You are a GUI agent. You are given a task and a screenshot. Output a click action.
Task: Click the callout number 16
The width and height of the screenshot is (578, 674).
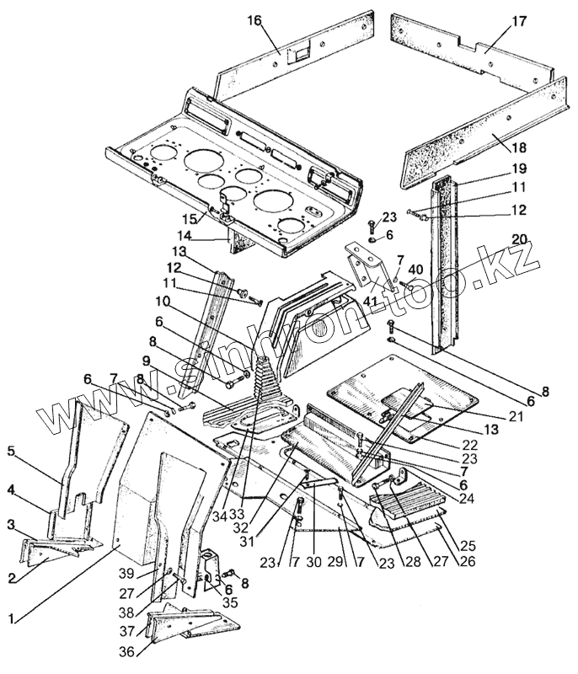(254, 20)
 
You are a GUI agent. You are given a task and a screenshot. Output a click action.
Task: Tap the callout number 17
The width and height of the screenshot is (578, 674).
(519, 20)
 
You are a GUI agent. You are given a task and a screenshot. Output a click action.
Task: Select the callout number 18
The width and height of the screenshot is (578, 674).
(519, 147)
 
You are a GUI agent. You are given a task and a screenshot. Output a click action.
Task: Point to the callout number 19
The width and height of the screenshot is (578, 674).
(519, 168)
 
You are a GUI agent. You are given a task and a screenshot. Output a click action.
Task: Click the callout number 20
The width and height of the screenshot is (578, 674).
(519, 239)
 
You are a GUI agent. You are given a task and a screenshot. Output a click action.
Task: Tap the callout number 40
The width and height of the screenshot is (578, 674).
(415, 270)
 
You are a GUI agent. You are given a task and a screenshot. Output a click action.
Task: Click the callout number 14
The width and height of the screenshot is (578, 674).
(185, 236)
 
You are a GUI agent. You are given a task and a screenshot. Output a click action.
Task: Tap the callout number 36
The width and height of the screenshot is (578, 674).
(127, 651)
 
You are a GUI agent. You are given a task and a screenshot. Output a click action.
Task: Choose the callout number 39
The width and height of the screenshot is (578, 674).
(127, 574)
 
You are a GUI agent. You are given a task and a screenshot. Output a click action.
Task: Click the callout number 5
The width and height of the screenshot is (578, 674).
(12, 452)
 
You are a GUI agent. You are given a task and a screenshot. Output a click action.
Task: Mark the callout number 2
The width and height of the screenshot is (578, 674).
(12, 578)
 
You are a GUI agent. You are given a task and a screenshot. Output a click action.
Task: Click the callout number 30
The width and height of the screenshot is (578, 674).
(314, 561)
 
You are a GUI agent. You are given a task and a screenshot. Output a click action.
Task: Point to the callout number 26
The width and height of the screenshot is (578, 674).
(468, 561)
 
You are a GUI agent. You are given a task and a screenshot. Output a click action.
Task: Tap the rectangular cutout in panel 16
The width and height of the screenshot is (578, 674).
(298, 55)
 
